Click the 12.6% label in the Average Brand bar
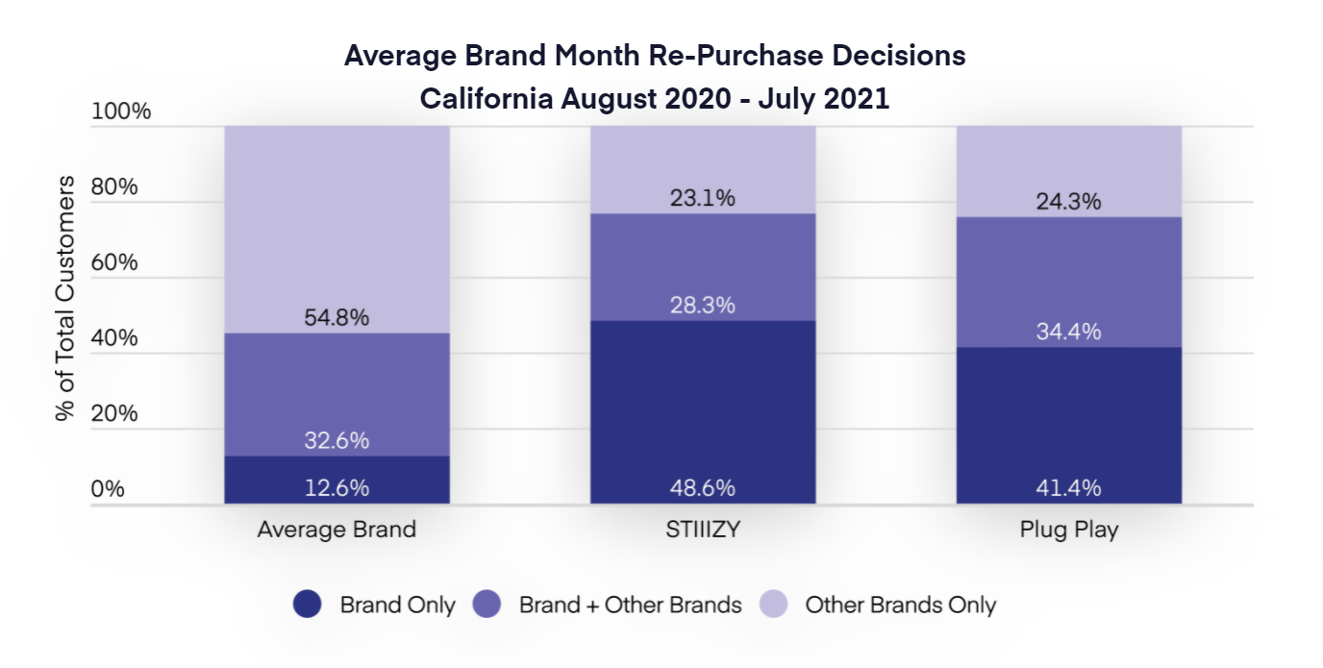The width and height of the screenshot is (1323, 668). click(x=337, y=488)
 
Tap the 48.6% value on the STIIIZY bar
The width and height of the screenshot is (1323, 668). click(x=703, y=488)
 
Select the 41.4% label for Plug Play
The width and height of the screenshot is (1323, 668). click(x=1068, y=488)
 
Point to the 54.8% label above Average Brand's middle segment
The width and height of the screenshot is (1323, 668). click(x=337, y=318)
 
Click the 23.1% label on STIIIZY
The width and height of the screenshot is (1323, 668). click(x=703, y=199)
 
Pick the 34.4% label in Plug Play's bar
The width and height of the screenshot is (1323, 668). click(x=1068, y=333)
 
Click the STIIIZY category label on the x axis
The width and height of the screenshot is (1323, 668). click(x=703, y=530)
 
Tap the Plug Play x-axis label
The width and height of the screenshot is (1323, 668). click(x=1068, y=530)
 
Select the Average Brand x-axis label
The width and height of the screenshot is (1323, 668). click(x=337, y=530)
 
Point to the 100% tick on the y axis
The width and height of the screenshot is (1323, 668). click(x=121, y=111)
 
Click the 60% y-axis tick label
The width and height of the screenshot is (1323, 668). click(x=114, y=262)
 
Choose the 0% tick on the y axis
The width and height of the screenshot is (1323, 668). click(x=108, y=489)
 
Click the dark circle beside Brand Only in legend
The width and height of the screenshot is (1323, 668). click(x=307, y=605)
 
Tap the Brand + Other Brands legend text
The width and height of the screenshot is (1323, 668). click(x=630, y=606)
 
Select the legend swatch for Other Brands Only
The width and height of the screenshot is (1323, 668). click(x=773, y=605)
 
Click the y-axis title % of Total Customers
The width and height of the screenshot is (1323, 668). click(x=65, y=298)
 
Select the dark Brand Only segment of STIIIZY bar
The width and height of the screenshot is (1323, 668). click(x=703, y=404)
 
